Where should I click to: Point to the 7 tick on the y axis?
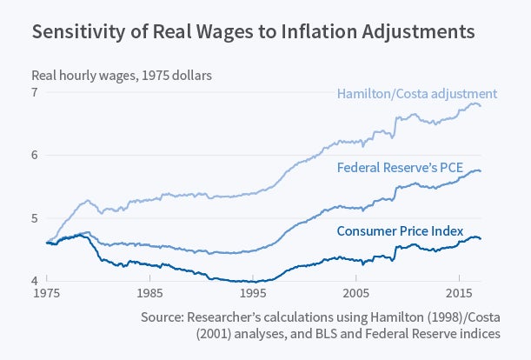click(x=35, y=92)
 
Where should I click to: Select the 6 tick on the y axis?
click(x=35, y=156)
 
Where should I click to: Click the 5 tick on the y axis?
click(x=35, y=218)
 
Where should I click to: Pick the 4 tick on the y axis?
click(x=35, y=281)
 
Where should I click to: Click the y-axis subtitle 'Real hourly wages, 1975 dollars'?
click(x=122, y=75)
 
